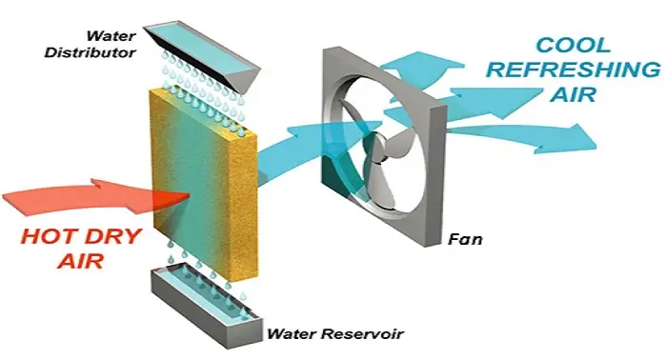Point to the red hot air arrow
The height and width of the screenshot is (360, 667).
(86, 195)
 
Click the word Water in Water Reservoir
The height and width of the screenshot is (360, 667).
(292, 333)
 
